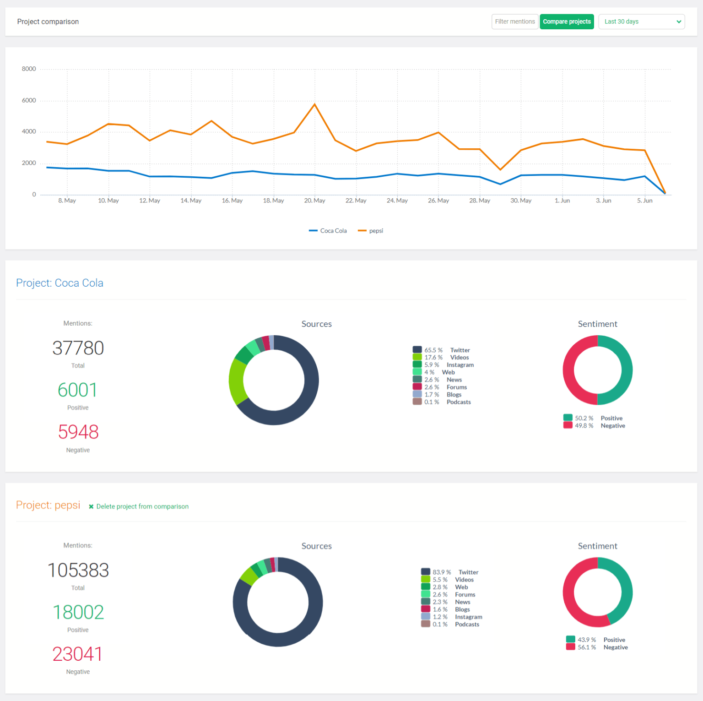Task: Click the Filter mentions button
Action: (514, 22)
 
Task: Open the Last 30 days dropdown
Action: (641, 22)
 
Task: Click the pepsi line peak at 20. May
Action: (314, 105)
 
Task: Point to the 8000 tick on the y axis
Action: (29, 69)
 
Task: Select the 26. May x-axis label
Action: (438, 201)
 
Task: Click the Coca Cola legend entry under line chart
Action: (328, 231)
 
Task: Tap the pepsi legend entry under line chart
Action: (371, 231)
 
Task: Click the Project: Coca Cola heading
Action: (59, 283)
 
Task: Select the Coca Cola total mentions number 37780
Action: (78, 348)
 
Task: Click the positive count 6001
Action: (78, 390)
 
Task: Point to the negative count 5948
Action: (78, 432)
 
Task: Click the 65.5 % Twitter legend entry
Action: (442, 350)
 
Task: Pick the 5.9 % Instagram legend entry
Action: (443, 365)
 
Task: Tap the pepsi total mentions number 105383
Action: (78, 571)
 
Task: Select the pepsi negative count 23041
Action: (78, 654)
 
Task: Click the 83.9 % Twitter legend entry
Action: (450, 572)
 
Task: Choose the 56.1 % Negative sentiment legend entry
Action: (597, 647)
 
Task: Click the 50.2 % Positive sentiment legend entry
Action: (594, 418)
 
